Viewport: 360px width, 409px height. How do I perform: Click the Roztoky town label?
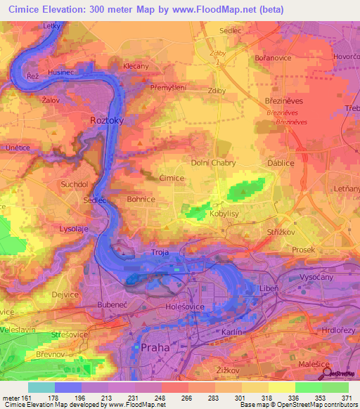click(107, 121)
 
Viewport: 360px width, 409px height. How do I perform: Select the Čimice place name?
click(172, 178)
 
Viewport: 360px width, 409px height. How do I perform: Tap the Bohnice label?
click(141, 200)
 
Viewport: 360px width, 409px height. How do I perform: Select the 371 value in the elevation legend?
click(347, 397)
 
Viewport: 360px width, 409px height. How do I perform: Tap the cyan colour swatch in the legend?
click(41, 387)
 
